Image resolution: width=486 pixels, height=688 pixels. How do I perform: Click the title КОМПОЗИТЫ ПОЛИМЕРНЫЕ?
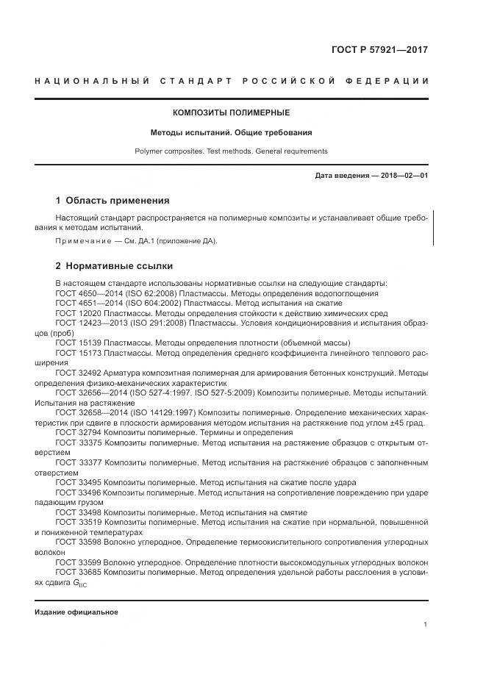231,113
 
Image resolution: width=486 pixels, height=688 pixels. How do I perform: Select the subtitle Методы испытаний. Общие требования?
231,133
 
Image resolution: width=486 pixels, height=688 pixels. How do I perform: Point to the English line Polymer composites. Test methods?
231,151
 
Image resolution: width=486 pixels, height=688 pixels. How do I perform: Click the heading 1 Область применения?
112,201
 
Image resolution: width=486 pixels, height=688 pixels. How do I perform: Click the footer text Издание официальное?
76,612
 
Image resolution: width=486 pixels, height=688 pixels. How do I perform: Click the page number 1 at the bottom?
426,624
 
